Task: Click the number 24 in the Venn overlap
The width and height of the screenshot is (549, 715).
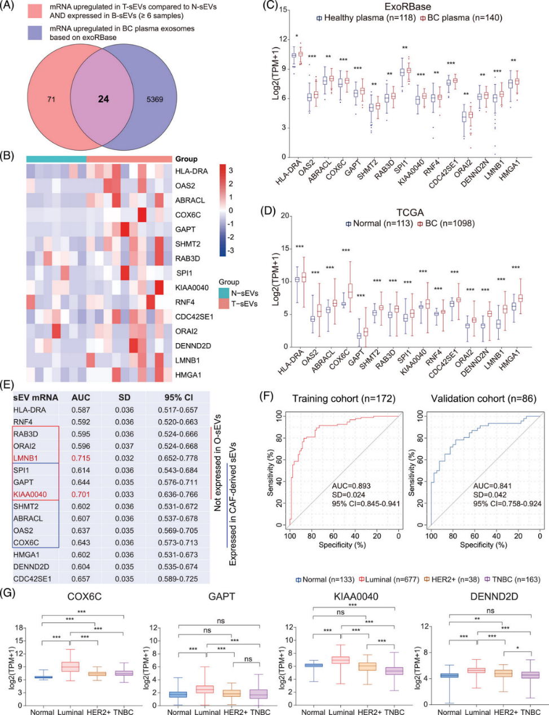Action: coord(103,99)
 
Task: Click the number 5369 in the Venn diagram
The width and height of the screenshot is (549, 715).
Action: coord(155,99)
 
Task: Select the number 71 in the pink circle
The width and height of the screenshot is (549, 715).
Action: coord(51,99)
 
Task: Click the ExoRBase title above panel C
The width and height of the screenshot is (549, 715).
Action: coord(407,7)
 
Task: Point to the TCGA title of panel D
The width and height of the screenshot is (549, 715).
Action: coord(410,213)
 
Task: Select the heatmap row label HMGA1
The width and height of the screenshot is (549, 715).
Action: coord(188,375)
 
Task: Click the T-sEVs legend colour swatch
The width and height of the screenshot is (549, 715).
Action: coord(225,304)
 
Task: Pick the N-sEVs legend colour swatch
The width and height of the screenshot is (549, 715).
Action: coord(225,293)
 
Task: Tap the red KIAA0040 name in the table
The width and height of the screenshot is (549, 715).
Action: coord(30,494)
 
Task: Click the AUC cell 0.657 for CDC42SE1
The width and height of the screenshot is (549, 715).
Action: coord(81,578)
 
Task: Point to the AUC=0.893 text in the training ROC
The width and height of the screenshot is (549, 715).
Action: coord(354,486)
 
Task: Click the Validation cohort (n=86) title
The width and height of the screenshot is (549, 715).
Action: coord(484,399)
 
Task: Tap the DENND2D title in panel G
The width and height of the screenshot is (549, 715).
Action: coord(486,596)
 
